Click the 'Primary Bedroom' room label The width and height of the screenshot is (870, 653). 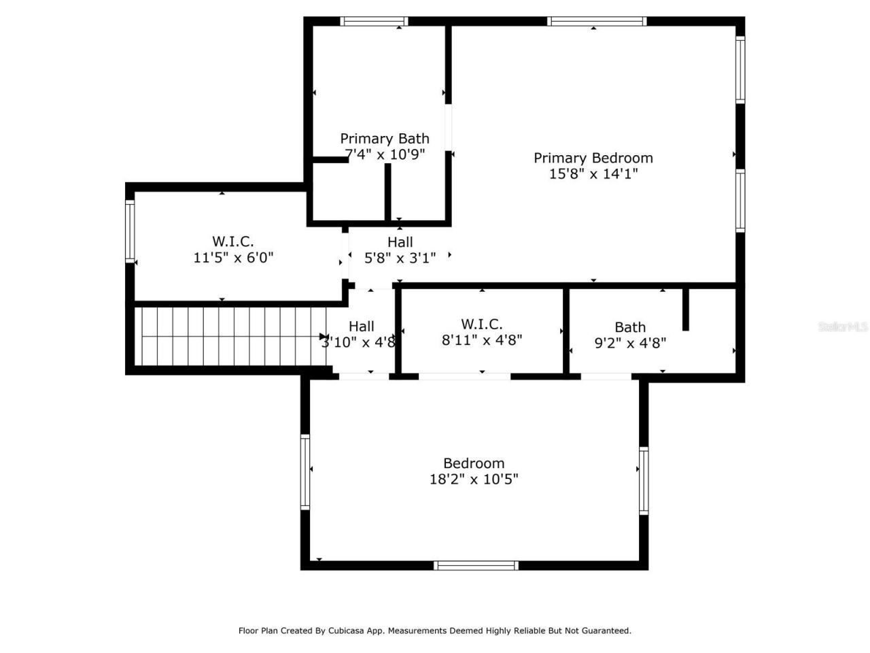point(593,158)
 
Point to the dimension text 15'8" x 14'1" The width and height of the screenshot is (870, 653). point(593,174)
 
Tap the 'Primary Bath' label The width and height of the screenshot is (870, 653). point(384,139)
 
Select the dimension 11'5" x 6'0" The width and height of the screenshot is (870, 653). point(233,258)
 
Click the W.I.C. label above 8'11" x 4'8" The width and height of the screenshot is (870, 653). point(481,324)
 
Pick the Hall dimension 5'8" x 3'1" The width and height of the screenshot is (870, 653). point(400,258)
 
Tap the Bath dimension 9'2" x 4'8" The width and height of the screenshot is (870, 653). point(629,344)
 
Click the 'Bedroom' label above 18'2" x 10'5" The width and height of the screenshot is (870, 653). point(473,463)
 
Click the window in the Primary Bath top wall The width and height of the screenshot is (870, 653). point(374,21)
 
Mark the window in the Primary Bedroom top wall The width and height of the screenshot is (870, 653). point(596,21)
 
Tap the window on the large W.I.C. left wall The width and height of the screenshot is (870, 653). point(130,231)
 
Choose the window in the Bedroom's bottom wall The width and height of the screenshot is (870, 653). point(476,565)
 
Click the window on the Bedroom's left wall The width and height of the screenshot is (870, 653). point(305,472)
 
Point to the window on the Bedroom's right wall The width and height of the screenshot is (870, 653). point(643,480)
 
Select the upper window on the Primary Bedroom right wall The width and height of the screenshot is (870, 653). point(740,69)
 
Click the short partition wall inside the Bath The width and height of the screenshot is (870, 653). point(685,309)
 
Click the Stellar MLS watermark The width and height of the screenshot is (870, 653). point(842,327)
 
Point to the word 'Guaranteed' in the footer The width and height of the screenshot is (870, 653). point(606,631)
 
